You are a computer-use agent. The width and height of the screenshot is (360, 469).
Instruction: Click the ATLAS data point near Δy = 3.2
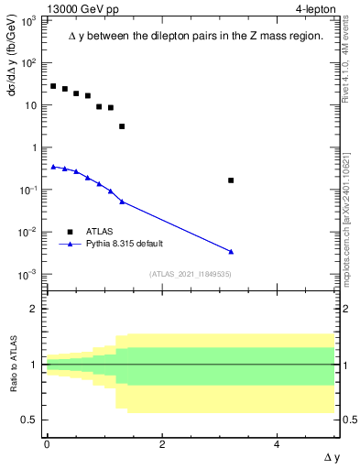point(231,180)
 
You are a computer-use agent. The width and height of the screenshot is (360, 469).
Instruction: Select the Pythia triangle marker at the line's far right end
point(231,251)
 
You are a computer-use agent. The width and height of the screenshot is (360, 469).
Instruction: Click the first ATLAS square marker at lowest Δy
point(53,86)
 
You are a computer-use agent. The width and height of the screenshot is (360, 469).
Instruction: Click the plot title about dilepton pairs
point(195,37)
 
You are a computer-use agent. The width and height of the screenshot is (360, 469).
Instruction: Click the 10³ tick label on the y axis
point(28,20)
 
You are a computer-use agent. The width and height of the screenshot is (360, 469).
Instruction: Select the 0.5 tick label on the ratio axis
point(30,420)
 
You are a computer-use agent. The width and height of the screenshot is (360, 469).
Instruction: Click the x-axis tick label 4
point(278,443)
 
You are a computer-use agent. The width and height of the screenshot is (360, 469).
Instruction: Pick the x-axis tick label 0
point(47,443)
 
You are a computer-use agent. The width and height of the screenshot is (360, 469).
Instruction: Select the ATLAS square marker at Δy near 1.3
point(122,126)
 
